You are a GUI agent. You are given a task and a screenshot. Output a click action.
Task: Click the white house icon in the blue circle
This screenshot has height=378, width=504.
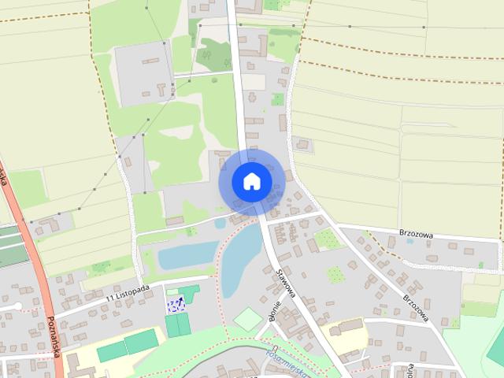point(251,181)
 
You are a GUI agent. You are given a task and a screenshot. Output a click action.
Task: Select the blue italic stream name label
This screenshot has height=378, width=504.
point(287,354)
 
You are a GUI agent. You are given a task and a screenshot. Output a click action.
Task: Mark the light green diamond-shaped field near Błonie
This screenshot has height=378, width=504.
point(249,319)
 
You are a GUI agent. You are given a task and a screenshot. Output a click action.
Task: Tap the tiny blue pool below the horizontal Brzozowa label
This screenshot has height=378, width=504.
point(409,240)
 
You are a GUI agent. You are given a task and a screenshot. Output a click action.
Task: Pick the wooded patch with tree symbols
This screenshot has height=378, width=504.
point(213,54)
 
